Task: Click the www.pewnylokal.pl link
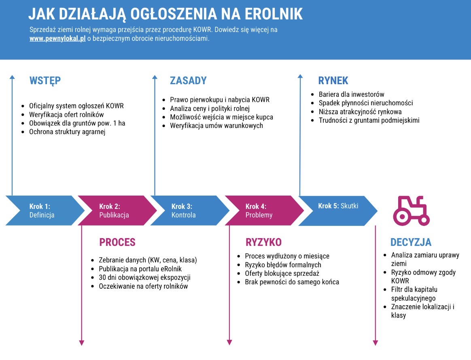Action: [57, 39]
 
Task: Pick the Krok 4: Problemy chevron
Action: [261, 211]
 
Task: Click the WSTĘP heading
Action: [45, 81]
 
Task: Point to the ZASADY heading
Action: [188, 81]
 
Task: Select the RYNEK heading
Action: [333, 81]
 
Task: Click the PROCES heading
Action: [117, 243]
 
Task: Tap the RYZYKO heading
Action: [263, 243]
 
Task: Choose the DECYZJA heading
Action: [411, 243]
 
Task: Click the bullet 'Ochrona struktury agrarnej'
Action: [67, 132]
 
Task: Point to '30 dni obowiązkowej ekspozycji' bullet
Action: [144, 277]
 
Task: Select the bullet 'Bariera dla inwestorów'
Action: [351, 94]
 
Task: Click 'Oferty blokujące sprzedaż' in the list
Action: [282, 273]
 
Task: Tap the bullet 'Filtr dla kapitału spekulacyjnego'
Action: [414, 294]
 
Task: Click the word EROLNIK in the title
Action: [274, 14]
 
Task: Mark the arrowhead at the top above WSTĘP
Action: [12, 77]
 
